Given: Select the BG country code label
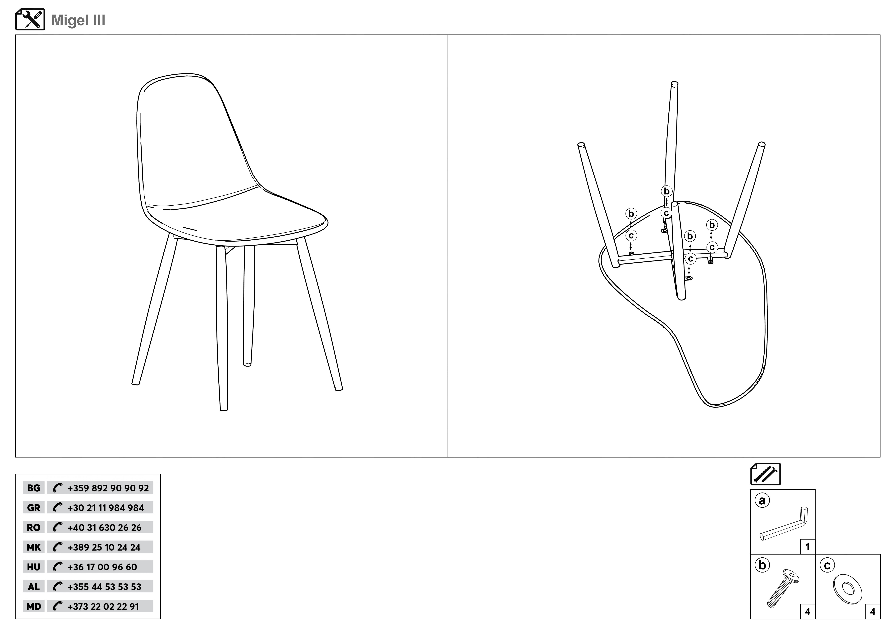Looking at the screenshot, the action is [34, 488].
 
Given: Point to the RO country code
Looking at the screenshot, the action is [34, 527].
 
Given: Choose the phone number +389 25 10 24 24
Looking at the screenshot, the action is [104, 547].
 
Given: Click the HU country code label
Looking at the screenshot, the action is [34, 567].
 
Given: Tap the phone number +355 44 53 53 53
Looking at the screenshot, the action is [104, 587].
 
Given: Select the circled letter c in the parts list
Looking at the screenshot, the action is [827, 565].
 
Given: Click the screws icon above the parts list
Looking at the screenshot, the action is [765, 474].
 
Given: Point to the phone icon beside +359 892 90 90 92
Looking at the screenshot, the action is [57, 488].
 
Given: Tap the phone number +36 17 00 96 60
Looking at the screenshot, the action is [102, 567].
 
